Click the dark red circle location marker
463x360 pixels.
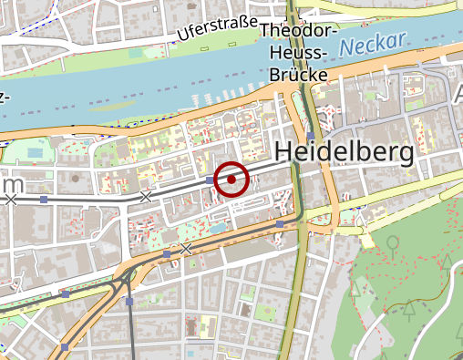(x=231, y=180)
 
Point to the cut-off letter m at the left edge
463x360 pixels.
(x=12, y=185)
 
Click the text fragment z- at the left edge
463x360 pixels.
(x=5, y=98)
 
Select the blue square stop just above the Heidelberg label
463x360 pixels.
(x=311, y=136)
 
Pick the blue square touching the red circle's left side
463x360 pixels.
(x=211, y=181)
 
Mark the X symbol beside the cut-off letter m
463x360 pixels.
(x=11, y=198)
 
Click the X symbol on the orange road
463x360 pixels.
(x=186, y=248)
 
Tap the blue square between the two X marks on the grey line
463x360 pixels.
(x=44, y=199)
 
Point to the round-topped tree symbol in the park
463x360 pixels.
(x=393, y=244)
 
